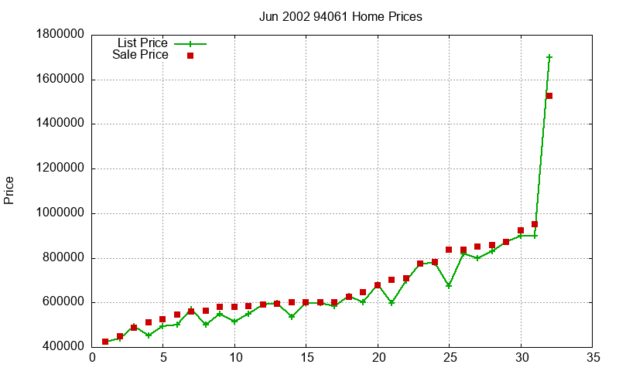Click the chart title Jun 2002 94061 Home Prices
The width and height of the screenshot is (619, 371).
point(340,16)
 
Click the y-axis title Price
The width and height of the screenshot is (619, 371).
point(9,190)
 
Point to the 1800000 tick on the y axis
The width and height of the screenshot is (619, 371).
point(60,35)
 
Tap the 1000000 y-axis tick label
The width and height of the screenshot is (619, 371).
point(60,213)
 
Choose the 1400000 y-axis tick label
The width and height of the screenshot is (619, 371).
point(60,124)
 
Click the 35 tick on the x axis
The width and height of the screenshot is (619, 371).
point(592,358)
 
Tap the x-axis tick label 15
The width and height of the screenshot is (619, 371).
point(306,358)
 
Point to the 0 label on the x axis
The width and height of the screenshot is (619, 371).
point(92,358)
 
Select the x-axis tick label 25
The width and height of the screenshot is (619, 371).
point(449,358)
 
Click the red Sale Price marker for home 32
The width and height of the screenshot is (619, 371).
point(549,96)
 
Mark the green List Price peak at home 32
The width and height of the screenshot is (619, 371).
point(549,57)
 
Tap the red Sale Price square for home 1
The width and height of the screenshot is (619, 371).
point(105,342)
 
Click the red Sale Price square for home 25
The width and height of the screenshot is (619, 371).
point(449,250)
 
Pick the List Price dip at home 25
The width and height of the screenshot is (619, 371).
point(449,286)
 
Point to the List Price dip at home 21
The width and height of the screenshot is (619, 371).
point(392,303)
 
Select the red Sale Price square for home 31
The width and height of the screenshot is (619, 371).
point(535,224)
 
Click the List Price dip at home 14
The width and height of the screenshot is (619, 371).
point(292,317)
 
